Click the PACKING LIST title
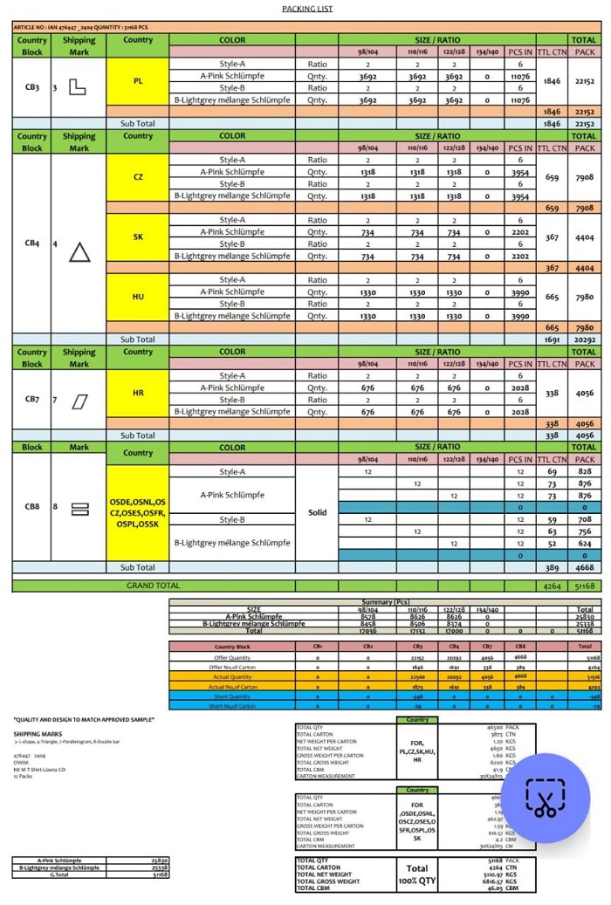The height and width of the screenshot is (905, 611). point(307,9)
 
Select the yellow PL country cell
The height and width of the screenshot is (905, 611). point(138,81)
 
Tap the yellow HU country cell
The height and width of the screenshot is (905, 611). point(138,297)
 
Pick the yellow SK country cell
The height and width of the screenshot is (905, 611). point(138,237)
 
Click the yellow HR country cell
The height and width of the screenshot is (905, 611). point(138,393)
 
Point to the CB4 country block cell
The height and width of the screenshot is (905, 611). point(31,243)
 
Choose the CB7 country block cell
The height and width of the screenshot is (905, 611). point(31,399)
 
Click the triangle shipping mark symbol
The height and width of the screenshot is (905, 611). point(79,252)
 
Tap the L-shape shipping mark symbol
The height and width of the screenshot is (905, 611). point(77,87)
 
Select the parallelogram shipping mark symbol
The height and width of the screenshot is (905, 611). point(79,401)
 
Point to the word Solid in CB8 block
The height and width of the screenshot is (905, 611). point(317,513)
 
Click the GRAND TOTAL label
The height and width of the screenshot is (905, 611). point(154,586)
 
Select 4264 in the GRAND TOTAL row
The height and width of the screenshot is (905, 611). point(551,586)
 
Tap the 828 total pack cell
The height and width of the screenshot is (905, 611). point(584,471)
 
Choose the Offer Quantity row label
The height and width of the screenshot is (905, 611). point(232,656)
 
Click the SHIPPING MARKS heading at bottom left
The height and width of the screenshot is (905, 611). point(32,734)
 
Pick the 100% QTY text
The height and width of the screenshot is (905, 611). point(416,881)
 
